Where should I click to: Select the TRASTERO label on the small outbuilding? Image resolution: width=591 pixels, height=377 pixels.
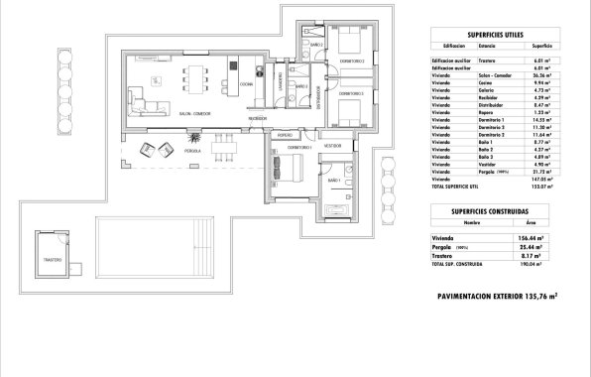click(x=53, y=261)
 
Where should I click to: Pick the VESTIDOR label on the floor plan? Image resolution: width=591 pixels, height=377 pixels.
click(x=332, y=146)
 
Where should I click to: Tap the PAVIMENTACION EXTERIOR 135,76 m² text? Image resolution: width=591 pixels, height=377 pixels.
click(x=497, y=296)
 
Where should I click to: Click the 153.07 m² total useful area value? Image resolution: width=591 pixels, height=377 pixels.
click(x=540, y=187)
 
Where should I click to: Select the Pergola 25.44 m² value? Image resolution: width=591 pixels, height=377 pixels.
click(x=539, y=248)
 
